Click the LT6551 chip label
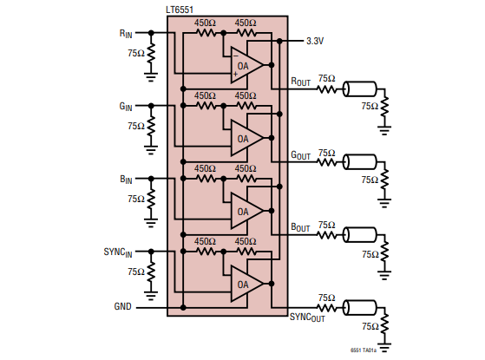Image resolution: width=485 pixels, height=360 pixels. pos(180,10)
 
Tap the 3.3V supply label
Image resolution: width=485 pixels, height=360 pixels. pos(315,41)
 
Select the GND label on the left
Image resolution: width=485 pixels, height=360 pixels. pos(123,306)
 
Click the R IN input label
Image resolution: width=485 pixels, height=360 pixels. pos(126,34)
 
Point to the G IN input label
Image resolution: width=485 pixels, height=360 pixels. pos(126,107)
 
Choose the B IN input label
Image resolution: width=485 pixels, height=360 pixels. pos(126,180)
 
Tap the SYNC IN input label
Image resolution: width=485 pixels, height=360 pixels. pos(118,252)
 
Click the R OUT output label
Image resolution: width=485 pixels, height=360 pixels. pos(301,82)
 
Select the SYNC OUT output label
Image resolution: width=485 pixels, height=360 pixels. pos(307,317)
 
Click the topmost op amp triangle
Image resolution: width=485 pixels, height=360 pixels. pos(246,65)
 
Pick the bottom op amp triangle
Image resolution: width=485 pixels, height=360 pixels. pos(246,284)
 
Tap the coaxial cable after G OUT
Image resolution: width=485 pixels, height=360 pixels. pos(360,162)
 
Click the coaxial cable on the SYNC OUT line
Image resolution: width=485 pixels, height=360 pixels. pos(360,308)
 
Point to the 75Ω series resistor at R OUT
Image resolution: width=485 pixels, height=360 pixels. pos(326,89)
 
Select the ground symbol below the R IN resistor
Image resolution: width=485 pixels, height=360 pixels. pos(151,77)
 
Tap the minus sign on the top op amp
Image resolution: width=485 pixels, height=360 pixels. pos(236,56)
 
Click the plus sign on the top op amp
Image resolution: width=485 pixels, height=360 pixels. pos(236,74)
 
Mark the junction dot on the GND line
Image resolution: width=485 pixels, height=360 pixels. pos(183,308)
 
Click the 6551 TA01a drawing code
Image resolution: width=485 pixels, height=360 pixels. pos(364,350)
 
